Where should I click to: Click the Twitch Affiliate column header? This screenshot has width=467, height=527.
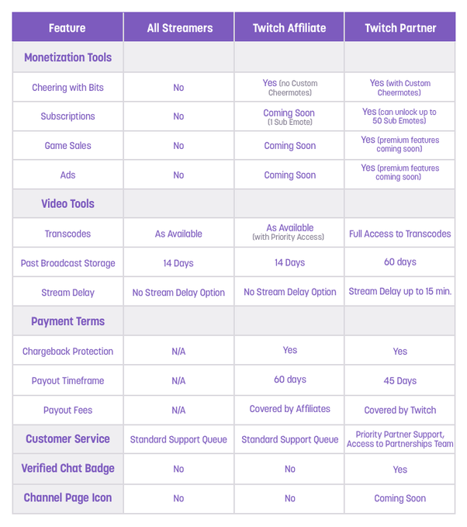point(289,28)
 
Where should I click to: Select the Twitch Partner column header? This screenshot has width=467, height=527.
point(400,28)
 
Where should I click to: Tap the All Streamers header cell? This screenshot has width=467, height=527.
point(178,28)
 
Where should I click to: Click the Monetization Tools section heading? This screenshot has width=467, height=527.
point(67,57)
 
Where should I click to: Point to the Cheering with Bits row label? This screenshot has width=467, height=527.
point(67,88)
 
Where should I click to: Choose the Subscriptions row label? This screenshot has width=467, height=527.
point(67,116)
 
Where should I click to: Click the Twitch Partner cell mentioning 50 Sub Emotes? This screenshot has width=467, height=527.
point(400,116)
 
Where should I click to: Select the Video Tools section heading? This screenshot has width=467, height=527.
point(67,204)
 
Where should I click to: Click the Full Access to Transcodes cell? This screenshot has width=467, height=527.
point(400,234)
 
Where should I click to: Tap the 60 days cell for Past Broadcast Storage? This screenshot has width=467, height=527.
point(400,262)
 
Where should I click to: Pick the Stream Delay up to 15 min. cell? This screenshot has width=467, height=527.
point(400,292)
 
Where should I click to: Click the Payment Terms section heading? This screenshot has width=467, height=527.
point(67,321)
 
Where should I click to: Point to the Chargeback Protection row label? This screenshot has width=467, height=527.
point(67,352)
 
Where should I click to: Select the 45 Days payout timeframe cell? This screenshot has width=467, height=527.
point(400,381)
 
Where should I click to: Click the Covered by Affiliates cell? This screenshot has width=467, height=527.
point(289,409)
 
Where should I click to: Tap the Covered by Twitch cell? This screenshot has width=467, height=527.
point(400,410)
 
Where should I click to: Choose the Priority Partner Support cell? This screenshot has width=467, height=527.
point(400,439)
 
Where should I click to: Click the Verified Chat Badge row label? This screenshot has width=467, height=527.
point(67,469)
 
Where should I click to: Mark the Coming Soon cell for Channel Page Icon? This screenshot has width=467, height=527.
point(400,498)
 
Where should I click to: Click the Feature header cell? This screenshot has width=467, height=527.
point(67,28)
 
